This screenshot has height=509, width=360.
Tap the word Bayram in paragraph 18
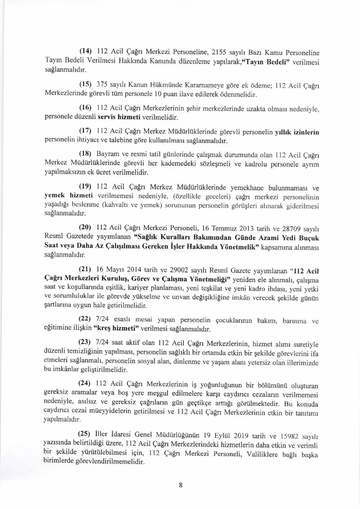click(109, 154)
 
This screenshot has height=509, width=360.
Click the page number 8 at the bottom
click(180, 485)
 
